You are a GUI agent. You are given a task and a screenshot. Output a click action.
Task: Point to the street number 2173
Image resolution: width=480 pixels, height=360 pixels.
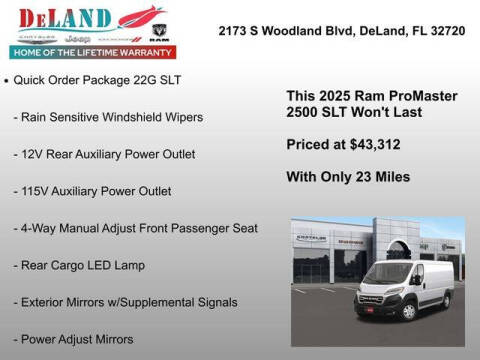234,32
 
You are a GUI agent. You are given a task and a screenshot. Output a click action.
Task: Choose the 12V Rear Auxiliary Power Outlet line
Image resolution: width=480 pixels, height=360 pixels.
105,154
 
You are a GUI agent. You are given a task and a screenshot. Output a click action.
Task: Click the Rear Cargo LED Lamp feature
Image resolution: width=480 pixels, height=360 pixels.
79,265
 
